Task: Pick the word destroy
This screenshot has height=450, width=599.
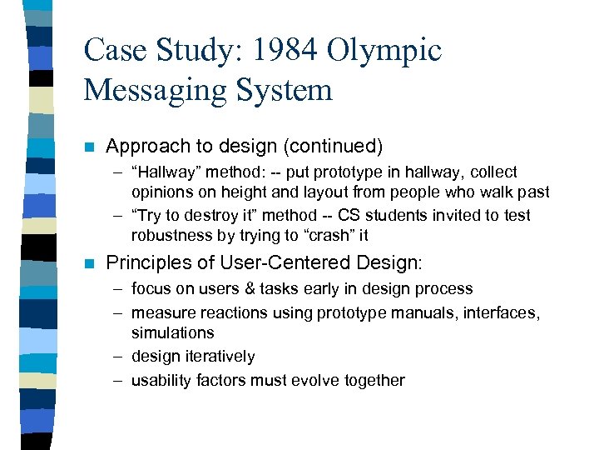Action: point(200,215)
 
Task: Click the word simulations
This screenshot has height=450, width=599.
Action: point(172,332)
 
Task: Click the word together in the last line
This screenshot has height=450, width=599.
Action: point(373,381)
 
